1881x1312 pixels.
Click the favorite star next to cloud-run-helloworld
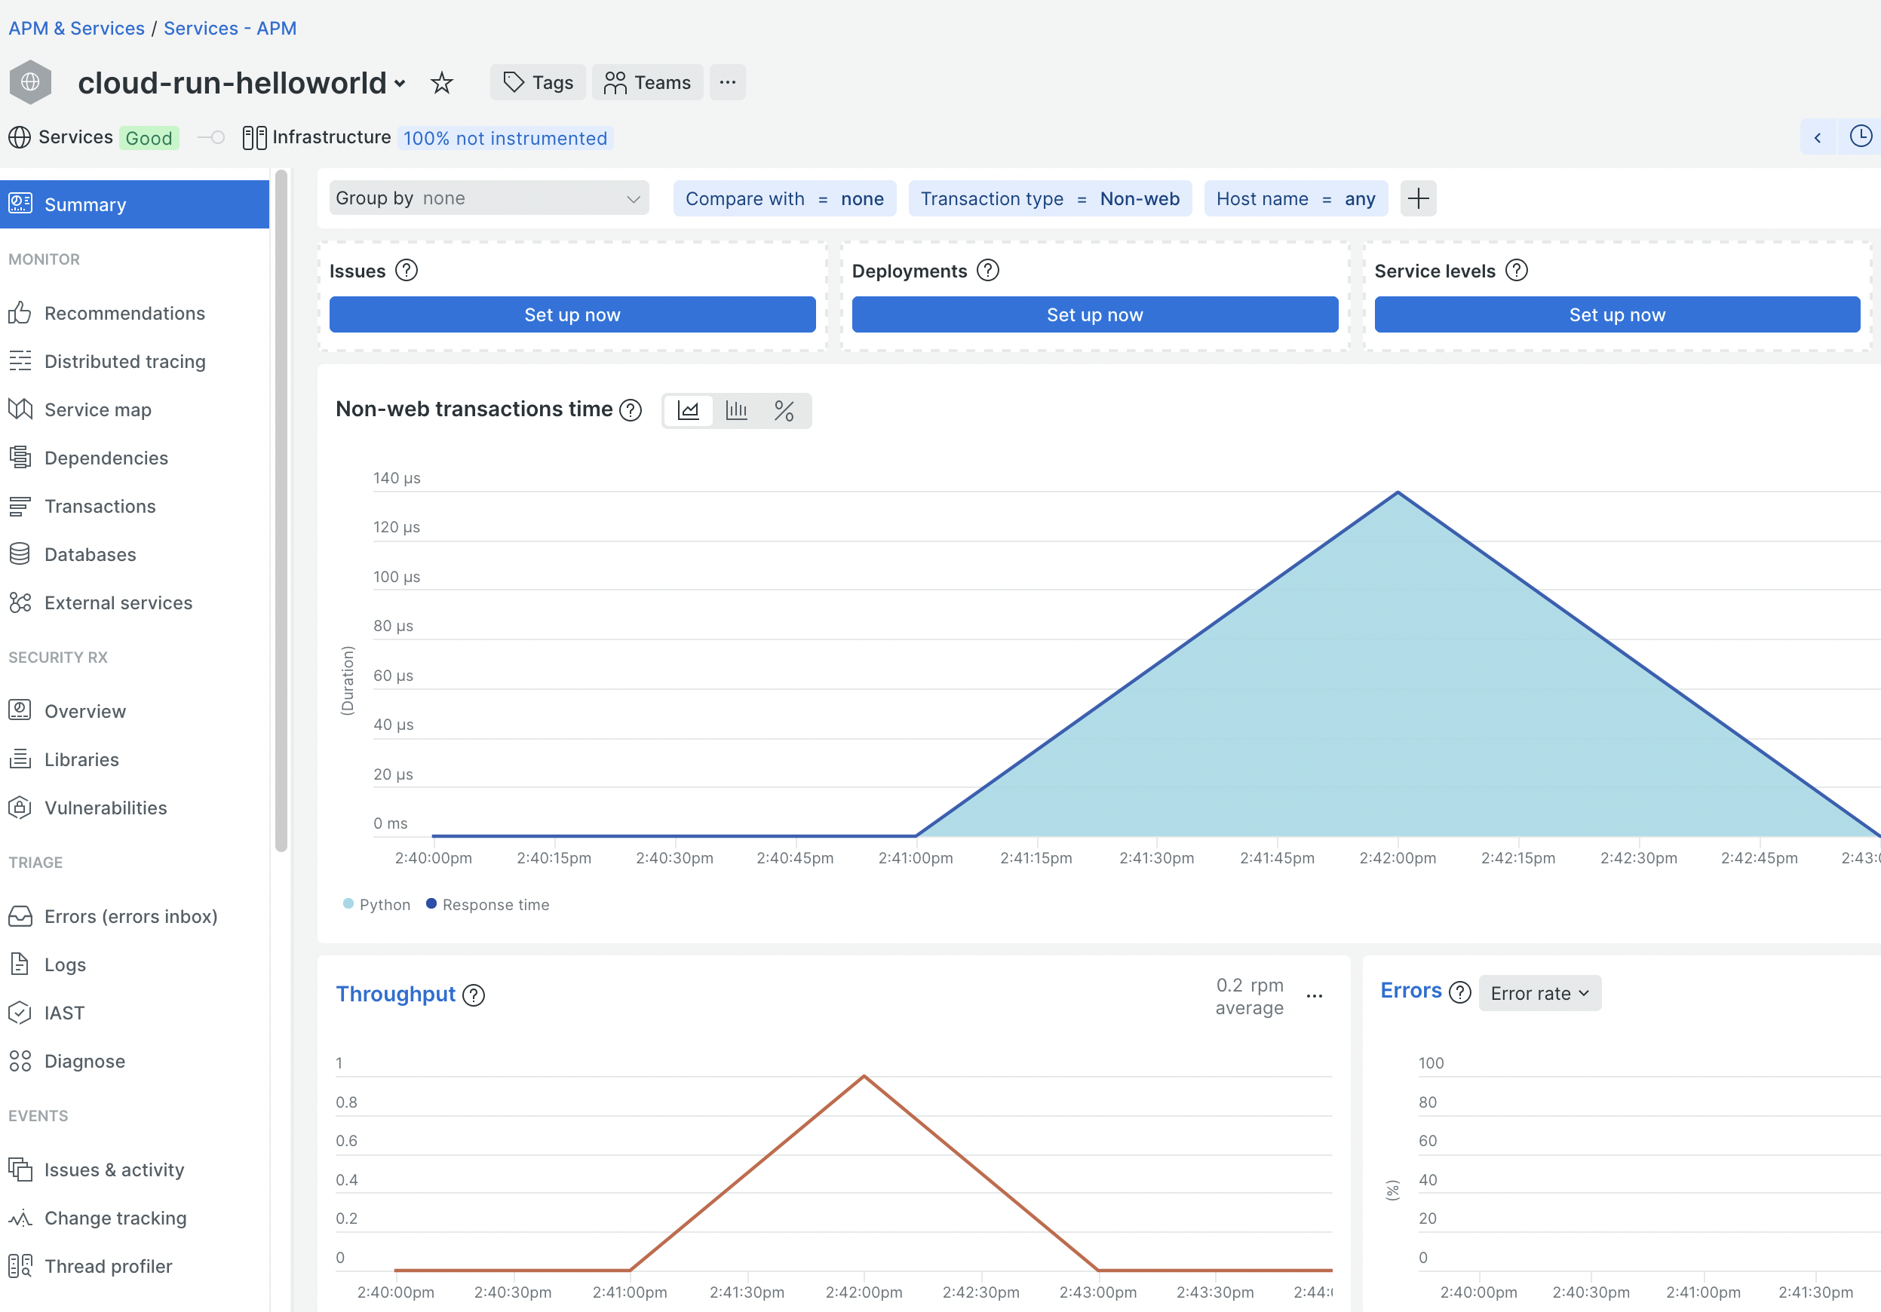pyautogui.click(x=441, y=83)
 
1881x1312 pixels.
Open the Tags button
pyautogui.click(x=538, y=83)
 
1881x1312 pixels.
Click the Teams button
pyautogui.click(x=647, y=83)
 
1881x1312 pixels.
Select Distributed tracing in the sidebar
pyautogui.click(x=124, y=361)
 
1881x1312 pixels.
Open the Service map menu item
pyautogui.click(x=97, y=409)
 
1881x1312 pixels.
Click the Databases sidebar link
pyautogui.click(x=90, y=554)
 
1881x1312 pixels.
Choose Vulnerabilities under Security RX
pyautogui.click(x=106, y=808)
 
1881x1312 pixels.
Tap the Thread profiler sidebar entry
pyautogui.click(x=108, y=1266)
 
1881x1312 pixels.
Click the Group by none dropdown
pyautogui.click(x=488, y=198)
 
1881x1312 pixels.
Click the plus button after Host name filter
pyautogui.click(x=1418, y=199)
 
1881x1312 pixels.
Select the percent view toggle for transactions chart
pyautogui.click(x=784, y=410)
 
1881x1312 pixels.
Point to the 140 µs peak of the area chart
pyautogui.click(x=1398, y=492)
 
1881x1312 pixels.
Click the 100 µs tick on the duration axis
pyautogui.click(x=397, y=577)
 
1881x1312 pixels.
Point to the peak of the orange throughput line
pyautogui.click(x=864, y=1076)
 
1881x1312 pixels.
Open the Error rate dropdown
pyautogui.click(x=1539, y=993)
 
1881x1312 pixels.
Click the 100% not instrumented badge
pyautogui.click(x=505, y=139)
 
